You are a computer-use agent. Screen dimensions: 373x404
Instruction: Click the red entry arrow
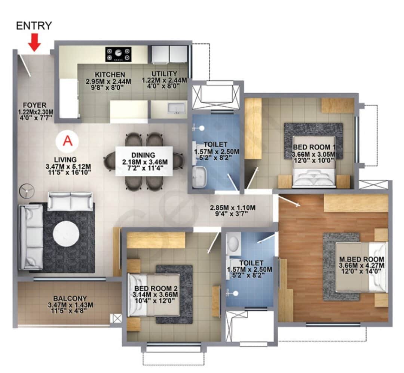click(35, 42)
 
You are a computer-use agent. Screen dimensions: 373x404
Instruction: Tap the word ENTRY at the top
click(34, 25)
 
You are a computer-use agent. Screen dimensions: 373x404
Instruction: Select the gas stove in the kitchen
click(118, 54)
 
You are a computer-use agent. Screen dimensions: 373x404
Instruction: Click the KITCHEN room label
click(110, 75)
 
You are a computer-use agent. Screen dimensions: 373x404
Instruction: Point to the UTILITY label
click(164, 74)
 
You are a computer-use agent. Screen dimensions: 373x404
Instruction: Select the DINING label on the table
click(144, 155)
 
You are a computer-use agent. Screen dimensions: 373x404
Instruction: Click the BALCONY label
click(70, 299)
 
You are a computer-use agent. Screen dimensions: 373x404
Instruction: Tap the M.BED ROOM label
click(361, 259)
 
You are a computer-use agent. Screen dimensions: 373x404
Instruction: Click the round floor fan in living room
click(27, 191)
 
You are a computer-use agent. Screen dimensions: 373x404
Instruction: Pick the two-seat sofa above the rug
click(70, 201)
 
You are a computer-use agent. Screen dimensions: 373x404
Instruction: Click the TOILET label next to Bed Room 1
click(216, 144)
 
